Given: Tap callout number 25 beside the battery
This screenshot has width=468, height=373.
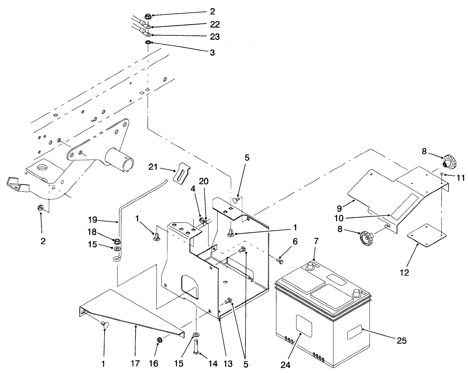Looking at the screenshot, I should click(x=402, y=341).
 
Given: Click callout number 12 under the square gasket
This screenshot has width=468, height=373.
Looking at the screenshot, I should click(x=404, y=272).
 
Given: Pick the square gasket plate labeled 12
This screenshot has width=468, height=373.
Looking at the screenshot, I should click(x=427, y=234).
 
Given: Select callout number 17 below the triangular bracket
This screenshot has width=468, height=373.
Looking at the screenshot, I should click(x=135, y=363).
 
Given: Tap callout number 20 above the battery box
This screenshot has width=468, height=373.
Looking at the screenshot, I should click(x=203, y=181).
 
